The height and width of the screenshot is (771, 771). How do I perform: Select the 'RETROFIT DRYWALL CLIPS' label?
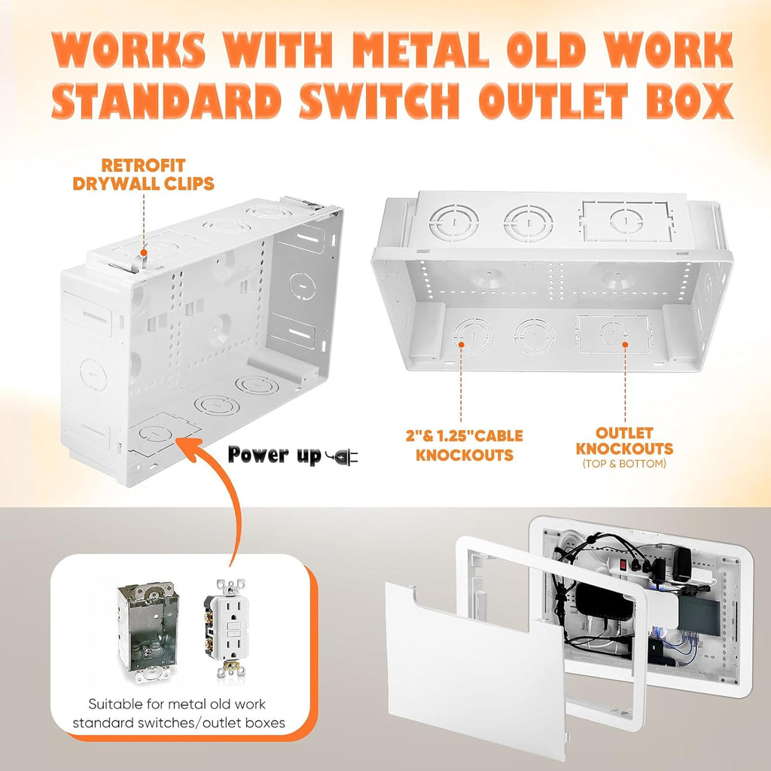click(143, 174)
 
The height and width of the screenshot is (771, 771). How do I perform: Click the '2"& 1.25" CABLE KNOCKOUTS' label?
click(464, 446)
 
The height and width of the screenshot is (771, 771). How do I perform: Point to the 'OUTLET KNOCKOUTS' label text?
click(624, 441)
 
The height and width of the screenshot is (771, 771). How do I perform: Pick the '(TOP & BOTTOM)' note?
click(624, 464)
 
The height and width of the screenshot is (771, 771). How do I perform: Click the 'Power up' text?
click(274, 455)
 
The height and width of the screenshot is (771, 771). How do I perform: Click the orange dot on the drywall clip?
click(143, 253)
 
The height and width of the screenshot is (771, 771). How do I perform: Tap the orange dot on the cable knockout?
click(462, 344)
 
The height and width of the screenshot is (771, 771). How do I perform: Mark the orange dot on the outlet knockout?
click(625, 344)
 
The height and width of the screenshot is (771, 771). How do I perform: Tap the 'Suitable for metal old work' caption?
click(177, 704)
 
